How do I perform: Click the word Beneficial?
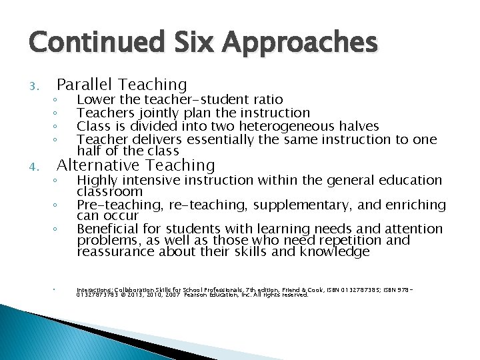point(109,229)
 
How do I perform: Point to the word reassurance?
point(115,252)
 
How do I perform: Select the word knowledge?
point(335,252)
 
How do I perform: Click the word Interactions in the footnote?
point(95,290)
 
